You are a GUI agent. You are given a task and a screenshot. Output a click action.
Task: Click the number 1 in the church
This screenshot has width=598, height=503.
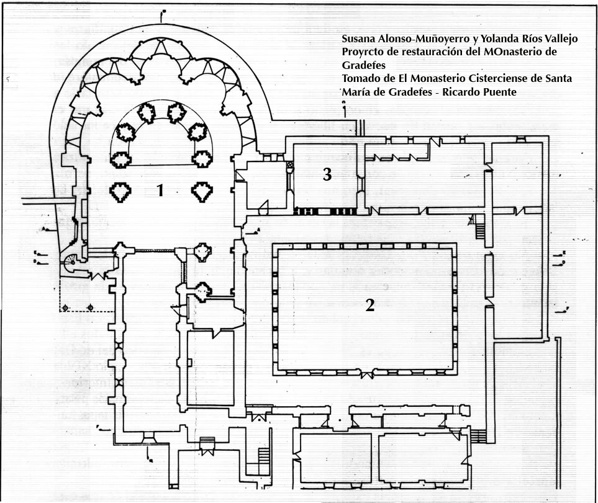point(160,191)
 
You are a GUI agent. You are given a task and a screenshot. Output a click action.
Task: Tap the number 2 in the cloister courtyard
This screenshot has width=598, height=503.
point(369,305)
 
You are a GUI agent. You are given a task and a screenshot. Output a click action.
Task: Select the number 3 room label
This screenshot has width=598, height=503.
point(327,175)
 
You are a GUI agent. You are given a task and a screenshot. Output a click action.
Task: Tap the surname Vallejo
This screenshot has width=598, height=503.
point(561,39)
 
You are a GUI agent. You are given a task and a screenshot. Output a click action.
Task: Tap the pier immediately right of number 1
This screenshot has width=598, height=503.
point(202,192)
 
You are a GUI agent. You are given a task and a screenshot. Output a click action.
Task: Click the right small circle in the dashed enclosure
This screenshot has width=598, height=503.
point(90,307)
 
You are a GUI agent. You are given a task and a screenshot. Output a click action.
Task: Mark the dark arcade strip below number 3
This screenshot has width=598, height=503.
point(324,211)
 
